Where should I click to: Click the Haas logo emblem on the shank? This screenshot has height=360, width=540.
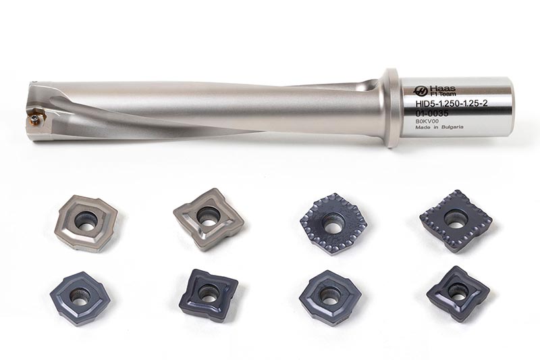click(x=421, y=91)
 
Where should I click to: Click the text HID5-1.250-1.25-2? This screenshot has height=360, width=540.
click(x=452, y=104)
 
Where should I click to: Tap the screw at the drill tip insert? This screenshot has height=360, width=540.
click(x=35, y=119)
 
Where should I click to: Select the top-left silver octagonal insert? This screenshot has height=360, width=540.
click(x=88, y=222)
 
